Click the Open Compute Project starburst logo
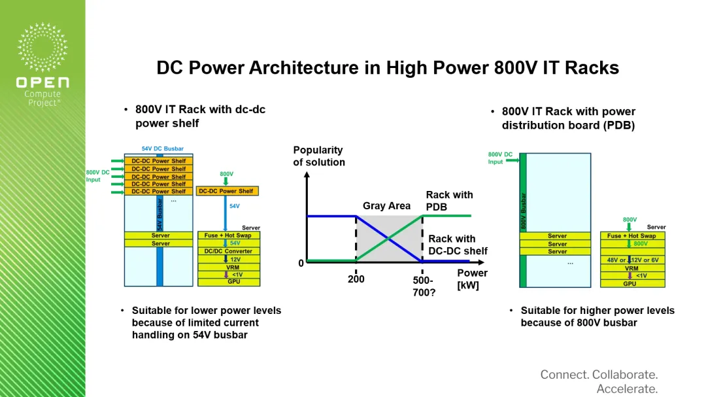point(42,47)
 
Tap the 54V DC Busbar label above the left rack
point(163,148)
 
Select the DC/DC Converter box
point(228,251)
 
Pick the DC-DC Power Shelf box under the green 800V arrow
point(227,191)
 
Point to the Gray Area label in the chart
point(386,206)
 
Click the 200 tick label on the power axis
point(356,279)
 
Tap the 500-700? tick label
point(424,286)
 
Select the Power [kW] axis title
point(472,279)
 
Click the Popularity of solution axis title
point(319,156)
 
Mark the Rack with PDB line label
point(449,201)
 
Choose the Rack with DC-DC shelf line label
point(458,245)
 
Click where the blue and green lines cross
point(388,238)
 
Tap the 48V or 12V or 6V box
point(632,260)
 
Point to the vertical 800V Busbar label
point(523,211)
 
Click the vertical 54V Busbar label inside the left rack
point(160,215)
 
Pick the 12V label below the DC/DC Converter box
point(235,260)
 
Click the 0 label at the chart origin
point(301,263)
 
